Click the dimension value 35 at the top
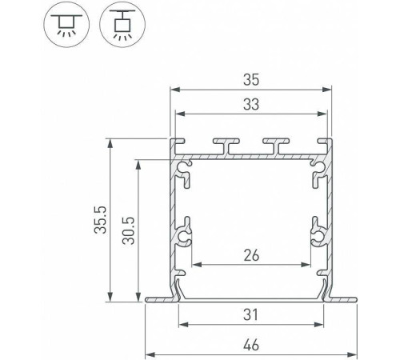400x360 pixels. pos(251,80)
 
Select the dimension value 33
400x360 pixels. pos(251,104)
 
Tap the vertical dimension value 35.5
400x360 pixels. pos(101,220)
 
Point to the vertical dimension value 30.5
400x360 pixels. pos(129,230)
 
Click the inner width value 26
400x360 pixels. pos(251,255)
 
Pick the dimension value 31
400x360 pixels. pos(251,314)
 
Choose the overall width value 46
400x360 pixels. pos(251,345)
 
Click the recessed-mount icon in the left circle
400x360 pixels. pos(66,26)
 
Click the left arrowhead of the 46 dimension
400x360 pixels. pos(150,355)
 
